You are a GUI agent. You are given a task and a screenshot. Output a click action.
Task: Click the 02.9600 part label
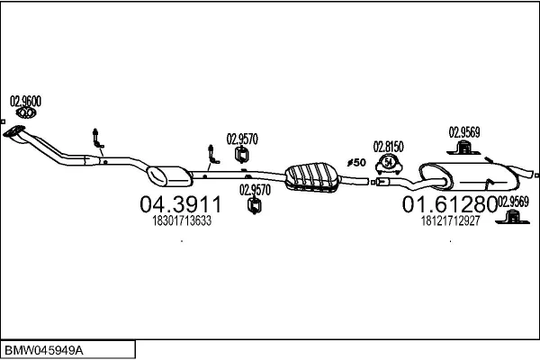[24, 101]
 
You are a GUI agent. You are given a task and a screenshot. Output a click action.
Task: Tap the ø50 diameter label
[355, 163]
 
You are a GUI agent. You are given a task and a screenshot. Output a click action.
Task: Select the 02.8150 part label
[389, 146]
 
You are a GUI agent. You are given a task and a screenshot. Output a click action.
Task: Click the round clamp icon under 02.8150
[390, 163]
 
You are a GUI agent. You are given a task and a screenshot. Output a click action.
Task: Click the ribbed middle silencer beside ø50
[309, 175]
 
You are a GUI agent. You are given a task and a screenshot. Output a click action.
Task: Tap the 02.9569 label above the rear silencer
[464, 131]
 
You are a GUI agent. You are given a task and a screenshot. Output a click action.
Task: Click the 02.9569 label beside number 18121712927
[514, 202]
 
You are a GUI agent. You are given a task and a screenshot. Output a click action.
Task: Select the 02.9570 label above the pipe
[242, 139]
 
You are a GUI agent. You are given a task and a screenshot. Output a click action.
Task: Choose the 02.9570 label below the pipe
[256, 190]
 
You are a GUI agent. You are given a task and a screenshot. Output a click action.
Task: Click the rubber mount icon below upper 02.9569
[464, 149]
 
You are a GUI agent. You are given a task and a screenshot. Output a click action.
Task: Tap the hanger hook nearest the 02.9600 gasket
[96, 139]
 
